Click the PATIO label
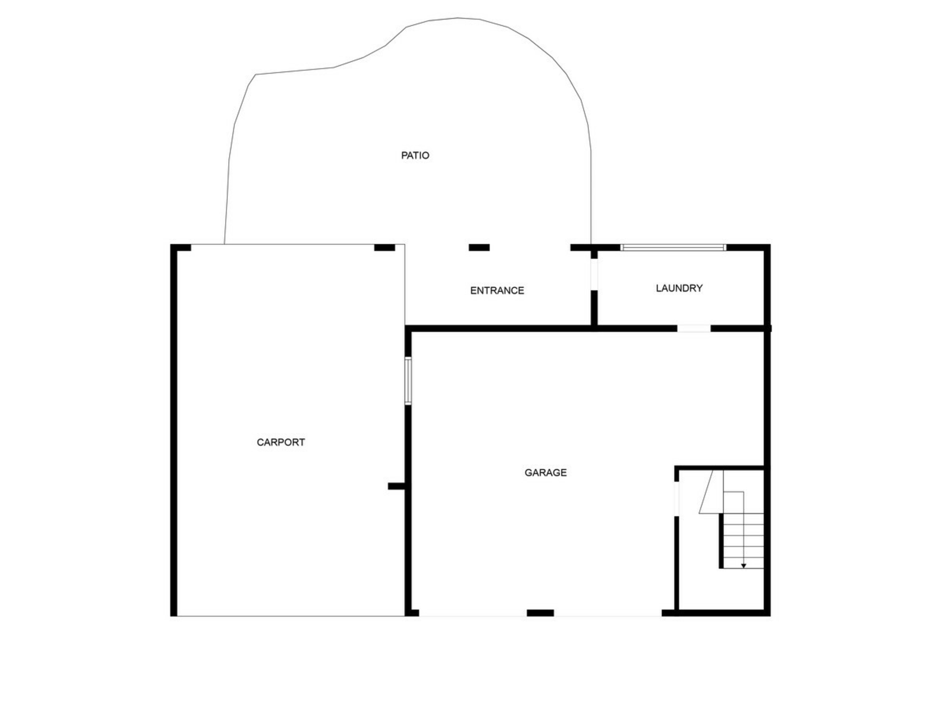(415, 155)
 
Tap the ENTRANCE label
(497, 291)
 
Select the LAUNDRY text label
(679, 288)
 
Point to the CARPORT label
(281, 442)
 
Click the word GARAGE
(546, 473)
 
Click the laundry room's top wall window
(673, 248)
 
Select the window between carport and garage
(408, 381)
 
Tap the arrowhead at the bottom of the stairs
(744, 566)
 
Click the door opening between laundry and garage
(694, 328)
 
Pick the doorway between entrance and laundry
(594, 275)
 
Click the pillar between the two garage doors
(540, 613)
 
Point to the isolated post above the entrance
(479, 248)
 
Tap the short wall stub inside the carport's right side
(396, 486)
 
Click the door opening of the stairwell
(677, 499)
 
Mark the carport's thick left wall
(174, 430)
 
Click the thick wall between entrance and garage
(498, 328)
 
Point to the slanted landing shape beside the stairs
(711, 492)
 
